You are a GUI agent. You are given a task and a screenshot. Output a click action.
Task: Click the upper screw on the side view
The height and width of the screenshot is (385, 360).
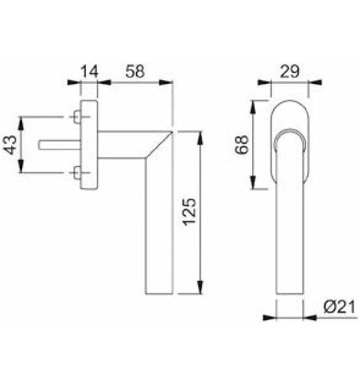pos(77,118)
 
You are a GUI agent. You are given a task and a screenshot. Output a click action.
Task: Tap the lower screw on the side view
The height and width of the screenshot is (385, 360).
pos(77,173)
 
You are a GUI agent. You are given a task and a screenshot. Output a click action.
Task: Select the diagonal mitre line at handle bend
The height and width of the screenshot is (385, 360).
pos(159,144)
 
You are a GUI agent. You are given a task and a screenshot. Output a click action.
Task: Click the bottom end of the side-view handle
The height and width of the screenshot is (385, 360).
pos(159,292)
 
